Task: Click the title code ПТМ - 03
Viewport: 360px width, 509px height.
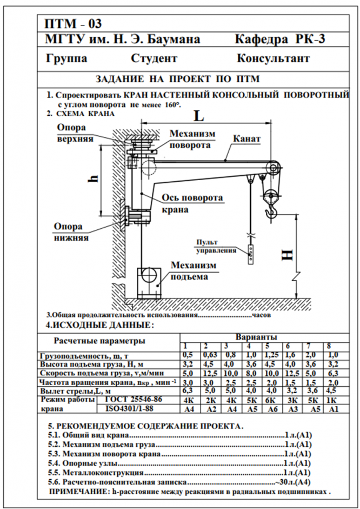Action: pos(73,23)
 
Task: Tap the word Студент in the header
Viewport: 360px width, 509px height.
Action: pos(154,58)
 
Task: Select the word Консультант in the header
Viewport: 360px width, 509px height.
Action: pos(273,58)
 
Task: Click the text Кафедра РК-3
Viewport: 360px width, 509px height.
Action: pos(281,39)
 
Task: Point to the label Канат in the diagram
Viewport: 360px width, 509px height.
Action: pos(247,140)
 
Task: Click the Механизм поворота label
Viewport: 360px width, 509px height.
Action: pos(192,140)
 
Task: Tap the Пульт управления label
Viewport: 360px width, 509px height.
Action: pos(216,246)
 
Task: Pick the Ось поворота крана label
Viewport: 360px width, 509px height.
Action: pos(192,203)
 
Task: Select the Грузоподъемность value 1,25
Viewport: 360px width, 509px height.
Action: pos(270,355)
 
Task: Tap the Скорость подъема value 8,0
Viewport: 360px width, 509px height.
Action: pos(249,373)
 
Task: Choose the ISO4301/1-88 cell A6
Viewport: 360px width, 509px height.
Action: pos(271,409)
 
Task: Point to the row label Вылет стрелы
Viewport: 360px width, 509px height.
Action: pos(76,391)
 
